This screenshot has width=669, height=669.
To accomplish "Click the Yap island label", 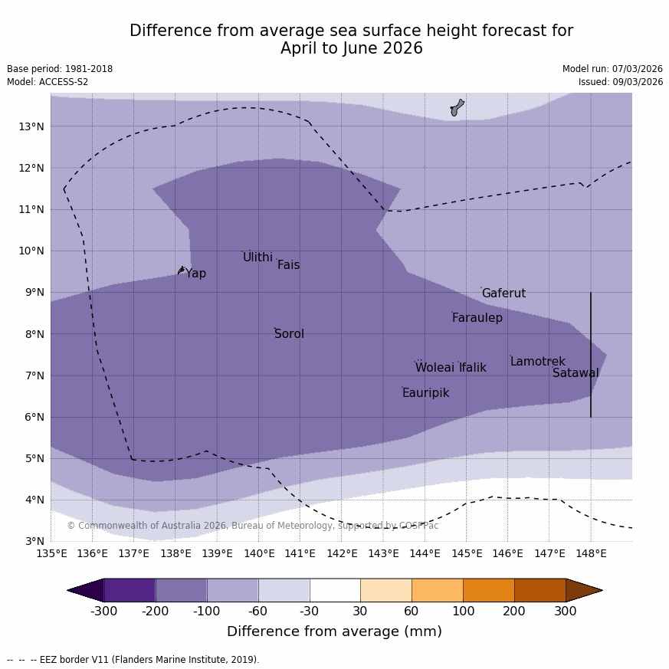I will click(195, 274).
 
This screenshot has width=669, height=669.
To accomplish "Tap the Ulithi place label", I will click(257, 257).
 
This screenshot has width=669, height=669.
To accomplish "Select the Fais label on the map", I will click(288, 265).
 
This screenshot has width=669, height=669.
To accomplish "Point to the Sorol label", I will click(289, 334).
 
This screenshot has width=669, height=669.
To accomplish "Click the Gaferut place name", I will click(503, 294).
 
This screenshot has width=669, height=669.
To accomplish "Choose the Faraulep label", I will click(477, 318).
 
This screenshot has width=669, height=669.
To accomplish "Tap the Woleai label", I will click(435, 368).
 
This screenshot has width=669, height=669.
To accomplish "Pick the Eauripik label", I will click(425, 393).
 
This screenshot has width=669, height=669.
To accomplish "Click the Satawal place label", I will click(576, 373).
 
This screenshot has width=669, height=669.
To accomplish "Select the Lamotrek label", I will click(537, 362).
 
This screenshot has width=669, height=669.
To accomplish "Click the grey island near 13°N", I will click(457, 107).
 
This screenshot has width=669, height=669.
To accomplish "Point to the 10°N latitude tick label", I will click(31, 251).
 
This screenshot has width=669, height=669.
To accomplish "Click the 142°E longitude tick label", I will click(342, 553).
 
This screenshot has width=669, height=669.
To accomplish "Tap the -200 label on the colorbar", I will click(156, 611).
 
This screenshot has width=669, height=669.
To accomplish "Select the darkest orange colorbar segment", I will click(539, 590).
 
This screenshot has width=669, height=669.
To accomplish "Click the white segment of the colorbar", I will click(335, 590).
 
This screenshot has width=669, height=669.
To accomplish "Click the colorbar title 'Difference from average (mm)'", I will click(334, 631).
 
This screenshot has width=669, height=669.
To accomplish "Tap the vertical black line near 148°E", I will click(591, 354).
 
